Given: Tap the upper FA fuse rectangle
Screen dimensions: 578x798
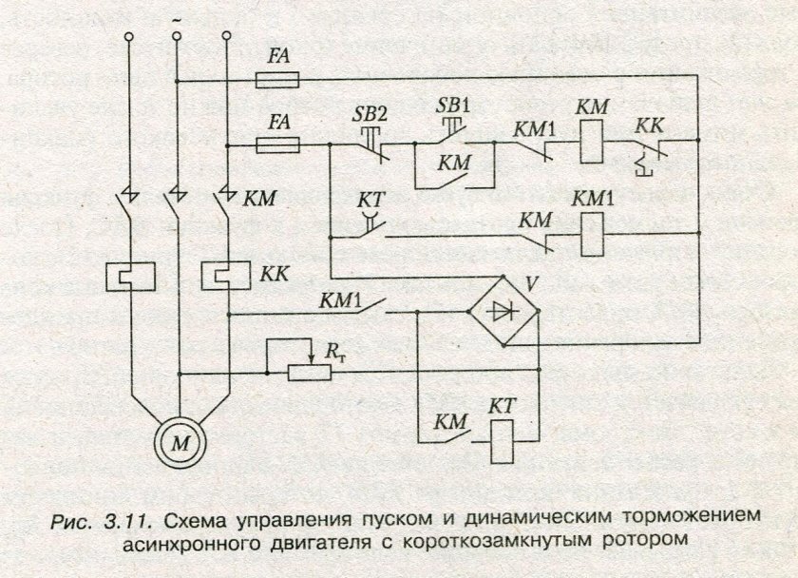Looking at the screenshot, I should pyautogui.click(x=279, y=82).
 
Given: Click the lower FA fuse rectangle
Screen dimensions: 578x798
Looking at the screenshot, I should pyautogui.click(x=279, y=145).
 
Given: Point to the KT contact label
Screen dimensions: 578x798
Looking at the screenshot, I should pyautogui.click(x=370, y=203).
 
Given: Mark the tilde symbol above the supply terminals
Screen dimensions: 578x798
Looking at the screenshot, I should pyautogui.click(x=177, y=16).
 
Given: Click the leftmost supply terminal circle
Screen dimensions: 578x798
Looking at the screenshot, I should pyautogui.click(x=128, y=37).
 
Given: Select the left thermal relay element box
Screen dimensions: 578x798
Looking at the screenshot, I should pyautogui.click(x=127, y=276).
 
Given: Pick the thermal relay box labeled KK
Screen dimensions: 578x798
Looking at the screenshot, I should pyautogui.click(x=228, y=276).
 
